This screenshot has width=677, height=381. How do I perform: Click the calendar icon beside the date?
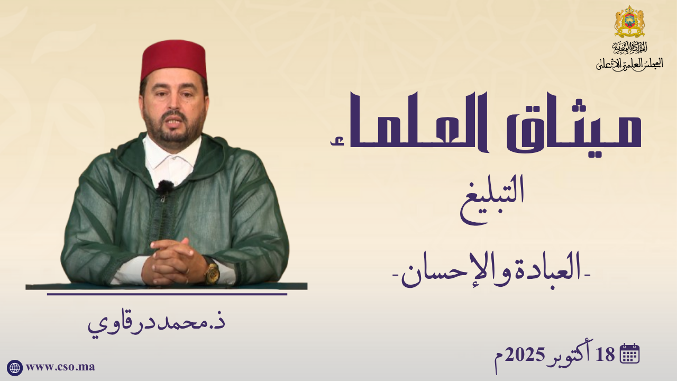630,353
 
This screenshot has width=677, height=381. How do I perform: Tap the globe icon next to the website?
15,368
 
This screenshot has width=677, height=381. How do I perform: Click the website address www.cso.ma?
60,367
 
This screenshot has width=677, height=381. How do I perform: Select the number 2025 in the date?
525,355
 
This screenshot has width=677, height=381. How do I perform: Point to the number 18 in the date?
606,355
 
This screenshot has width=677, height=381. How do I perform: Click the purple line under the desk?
167,294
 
